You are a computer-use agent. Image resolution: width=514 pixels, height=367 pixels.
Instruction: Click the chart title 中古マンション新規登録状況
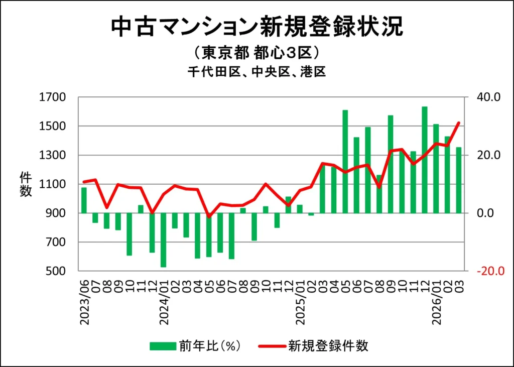tap(256, 27)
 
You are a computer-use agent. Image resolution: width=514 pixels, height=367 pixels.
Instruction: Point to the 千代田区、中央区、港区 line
tap(256, 72)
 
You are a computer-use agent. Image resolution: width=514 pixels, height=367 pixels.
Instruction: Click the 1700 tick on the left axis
tap(53, 97)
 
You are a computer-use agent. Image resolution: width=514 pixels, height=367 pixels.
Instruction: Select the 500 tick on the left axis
tap(55, 271)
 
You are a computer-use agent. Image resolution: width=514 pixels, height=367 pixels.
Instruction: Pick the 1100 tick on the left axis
tap(53, 184)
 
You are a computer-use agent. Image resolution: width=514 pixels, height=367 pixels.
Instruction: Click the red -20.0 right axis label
tap(485, 271)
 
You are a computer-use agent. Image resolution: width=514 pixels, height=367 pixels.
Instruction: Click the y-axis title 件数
tap(26, 184)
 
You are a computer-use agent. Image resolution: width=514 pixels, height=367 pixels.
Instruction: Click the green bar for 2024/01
tap(163, 239)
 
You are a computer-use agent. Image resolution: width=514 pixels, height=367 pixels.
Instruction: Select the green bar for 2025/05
tap(345, 161)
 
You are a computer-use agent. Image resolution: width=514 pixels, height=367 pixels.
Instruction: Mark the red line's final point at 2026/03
tap(458, 123)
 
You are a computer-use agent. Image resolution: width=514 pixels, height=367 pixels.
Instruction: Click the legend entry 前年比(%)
tap(196, 345)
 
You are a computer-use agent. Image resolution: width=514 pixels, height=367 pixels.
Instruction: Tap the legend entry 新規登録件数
tap(314, 345)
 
